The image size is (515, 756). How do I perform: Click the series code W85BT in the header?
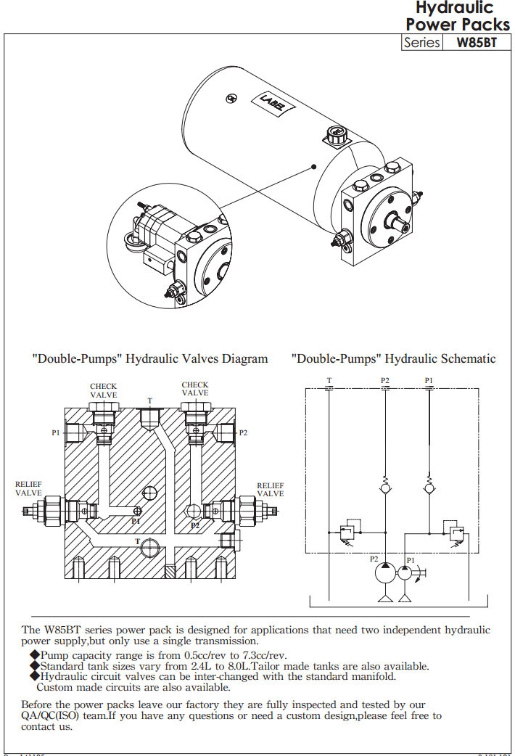[477, 42]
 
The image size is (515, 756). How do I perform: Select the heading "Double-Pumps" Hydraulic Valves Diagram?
[150, 358]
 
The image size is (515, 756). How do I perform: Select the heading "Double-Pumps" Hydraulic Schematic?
[394, 358]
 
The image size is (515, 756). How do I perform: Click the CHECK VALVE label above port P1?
[103, 390]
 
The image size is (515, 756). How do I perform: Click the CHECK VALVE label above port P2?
[194, 389]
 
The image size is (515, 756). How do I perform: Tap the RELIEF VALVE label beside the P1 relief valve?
[29, 488]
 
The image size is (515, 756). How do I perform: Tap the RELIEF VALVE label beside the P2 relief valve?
[271, 488]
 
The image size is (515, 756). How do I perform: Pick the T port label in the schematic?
[329, 380]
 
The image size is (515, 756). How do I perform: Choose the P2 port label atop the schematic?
[385, 380]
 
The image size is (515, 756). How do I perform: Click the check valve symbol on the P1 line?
[429, 490]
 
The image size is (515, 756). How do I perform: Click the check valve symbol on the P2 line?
[385, 490]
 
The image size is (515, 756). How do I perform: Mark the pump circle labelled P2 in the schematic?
[385, 573]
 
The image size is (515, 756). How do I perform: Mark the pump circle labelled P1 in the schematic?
[405, 573]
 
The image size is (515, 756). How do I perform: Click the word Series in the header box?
[421, 42]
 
